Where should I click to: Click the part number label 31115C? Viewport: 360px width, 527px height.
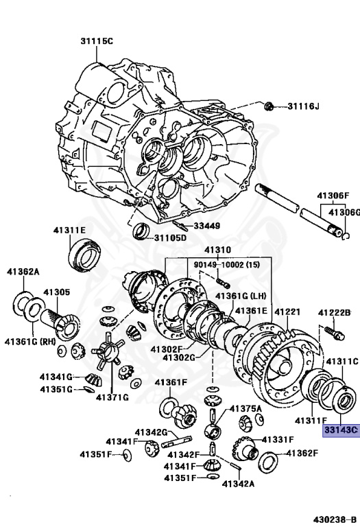[97, 41]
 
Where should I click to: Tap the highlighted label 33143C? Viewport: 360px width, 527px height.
[341, 430]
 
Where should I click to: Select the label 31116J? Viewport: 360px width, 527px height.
[303, 106]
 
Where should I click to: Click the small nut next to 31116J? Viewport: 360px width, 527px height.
[269, 106]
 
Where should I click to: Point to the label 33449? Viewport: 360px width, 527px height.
[207, 226]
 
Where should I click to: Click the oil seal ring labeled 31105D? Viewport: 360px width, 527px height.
[141, 231]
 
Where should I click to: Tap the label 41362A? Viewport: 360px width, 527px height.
[23, 271]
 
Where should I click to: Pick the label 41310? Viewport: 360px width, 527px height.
[217, 250]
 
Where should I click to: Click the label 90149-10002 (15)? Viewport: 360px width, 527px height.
[227, 265]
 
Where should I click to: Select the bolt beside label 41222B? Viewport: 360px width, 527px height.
[335, 333]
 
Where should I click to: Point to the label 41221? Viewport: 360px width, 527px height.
[287, 312]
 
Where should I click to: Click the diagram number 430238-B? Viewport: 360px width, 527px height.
[335, 519]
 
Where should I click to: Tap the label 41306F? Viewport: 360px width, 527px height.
[333, 196]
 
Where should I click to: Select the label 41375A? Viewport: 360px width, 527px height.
[245, 409]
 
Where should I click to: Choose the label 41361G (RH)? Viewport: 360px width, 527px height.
[30, 342]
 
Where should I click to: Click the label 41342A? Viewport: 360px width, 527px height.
[238, 484]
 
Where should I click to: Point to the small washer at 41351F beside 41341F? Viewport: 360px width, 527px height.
[128, 456]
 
